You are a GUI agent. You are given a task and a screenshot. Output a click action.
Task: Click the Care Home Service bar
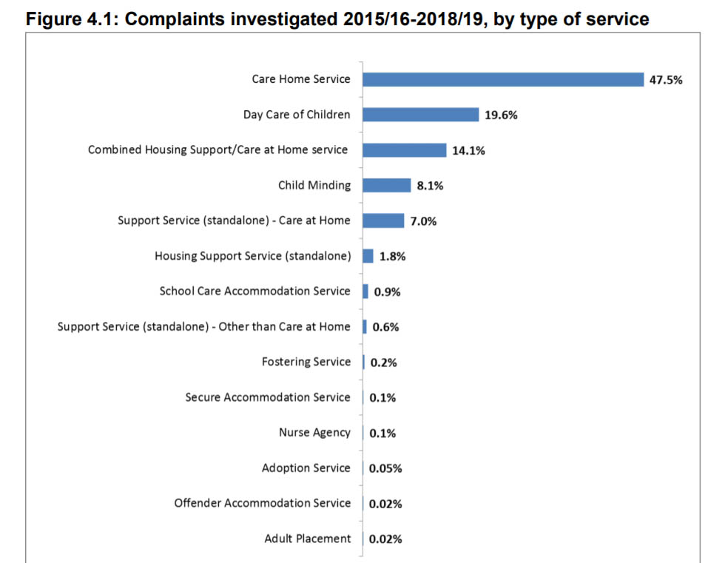[503, 79]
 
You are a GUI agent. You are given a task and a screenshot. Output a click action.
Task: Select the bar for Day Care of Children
[421, 115]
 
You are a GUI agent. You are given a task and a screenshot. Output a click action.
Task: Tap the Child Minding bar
[386, 185]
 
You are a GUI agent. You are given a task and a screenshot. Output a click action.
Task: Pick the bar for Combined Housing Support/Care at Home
[405, 150]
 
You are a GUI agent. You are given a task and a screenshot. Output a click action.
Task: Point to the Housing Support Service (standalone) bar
[368, 256]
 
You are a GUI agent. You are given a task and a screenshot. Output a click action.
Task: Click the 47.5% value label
[665, 80]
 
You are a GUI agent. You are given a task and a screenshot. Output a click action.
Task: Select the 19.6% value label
[501, 115]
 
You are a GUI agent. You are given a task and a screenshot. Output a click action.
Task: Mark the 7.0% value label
[423, 221]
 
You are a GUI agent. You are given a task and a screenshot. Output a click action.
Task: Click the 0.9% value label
[387, 292]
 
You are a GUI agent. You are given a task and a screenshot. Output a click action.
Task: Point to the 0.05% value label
[385, 468]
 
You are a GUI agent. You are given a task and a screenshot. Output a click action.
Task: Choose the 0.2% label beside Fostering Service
[383, 363]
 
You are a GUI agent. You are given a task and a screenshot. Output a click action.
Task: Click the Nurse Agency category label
[314, 433]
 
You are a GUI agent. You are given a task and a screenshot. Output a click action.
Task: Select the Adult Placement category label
[308, 539]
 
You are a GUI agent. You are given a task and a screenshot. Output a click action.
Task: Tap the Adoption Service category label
[306, 468]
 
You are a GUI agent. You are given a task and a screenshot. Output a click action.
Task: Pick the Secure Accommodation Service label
[268, 397]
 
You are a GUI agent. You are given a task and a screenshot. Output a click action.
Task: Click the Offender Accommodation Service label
[263, 503]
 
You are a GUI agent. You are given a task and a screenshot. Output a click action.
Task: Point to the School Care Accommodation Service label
[254, 291]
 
